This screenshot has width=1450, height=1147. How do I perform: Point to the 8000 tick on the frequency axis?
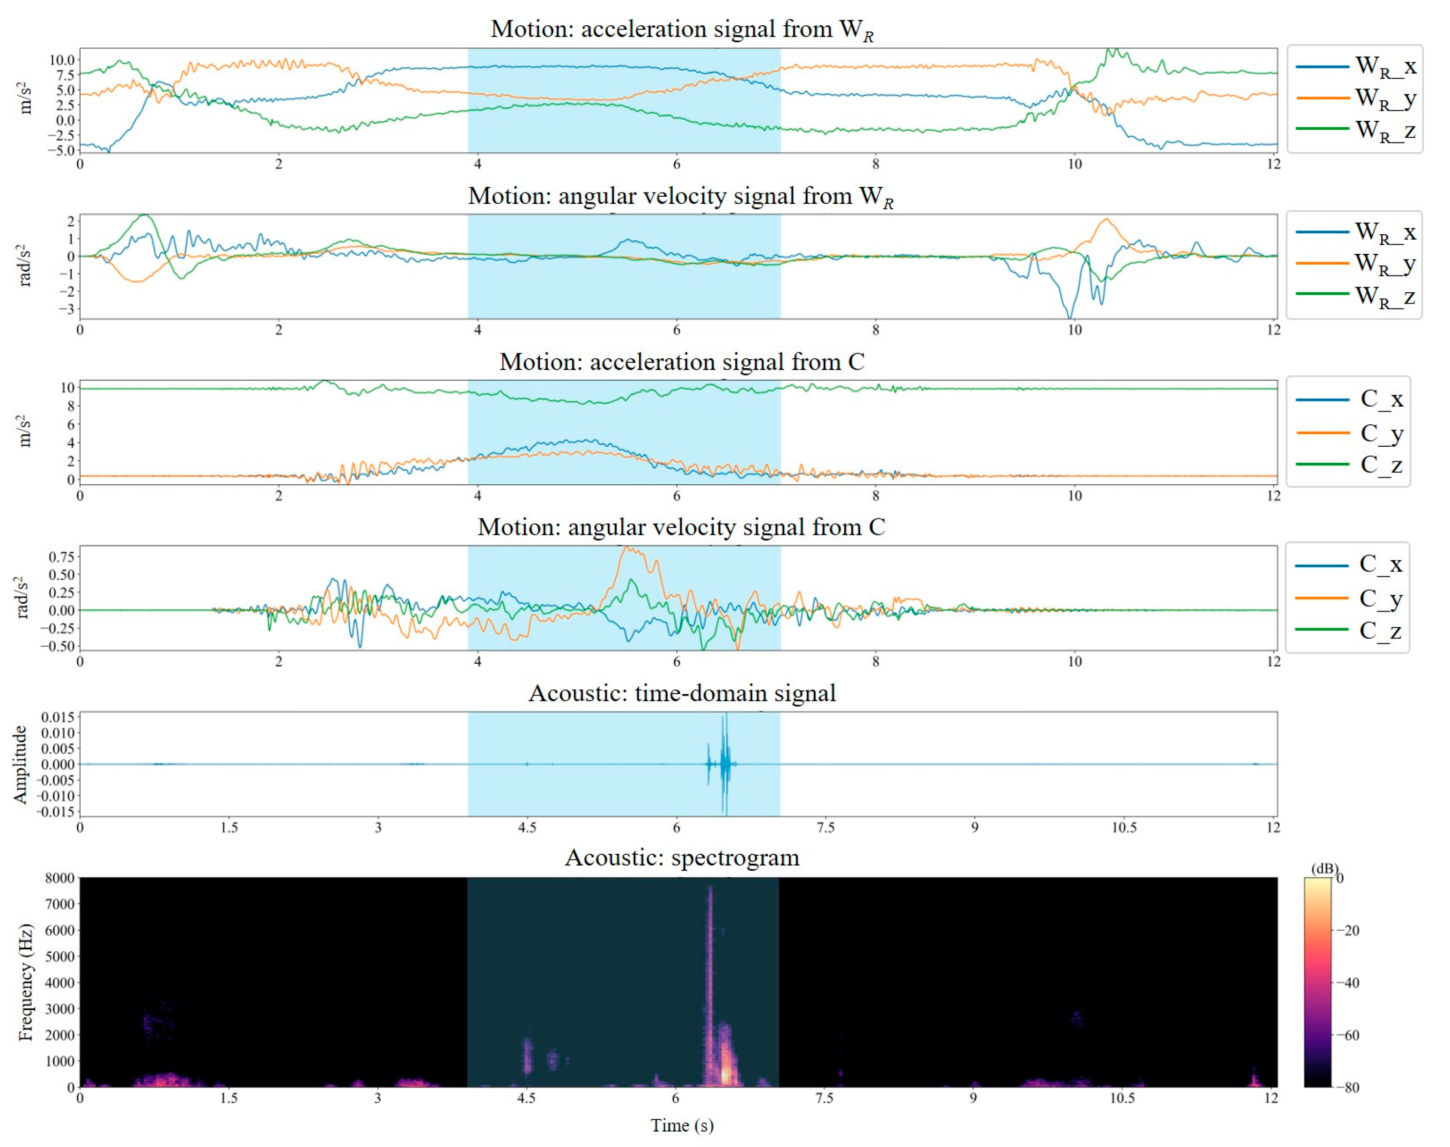59,878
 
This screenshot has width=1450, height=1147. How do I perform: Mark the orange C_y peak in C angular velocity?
627,548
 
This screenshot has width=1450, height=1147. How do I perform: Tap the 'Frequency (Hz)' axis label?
25,982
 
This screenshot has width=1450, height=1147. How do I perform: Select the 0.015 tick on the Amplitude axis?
58,717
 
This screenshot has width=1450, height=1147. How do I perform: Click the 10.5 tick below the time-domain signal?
1124,827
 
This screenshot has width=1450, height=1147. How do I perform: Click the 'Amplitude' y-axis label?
20,764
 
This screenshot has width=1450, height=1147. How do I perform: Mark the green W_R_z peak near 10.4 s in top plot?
1111,51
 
